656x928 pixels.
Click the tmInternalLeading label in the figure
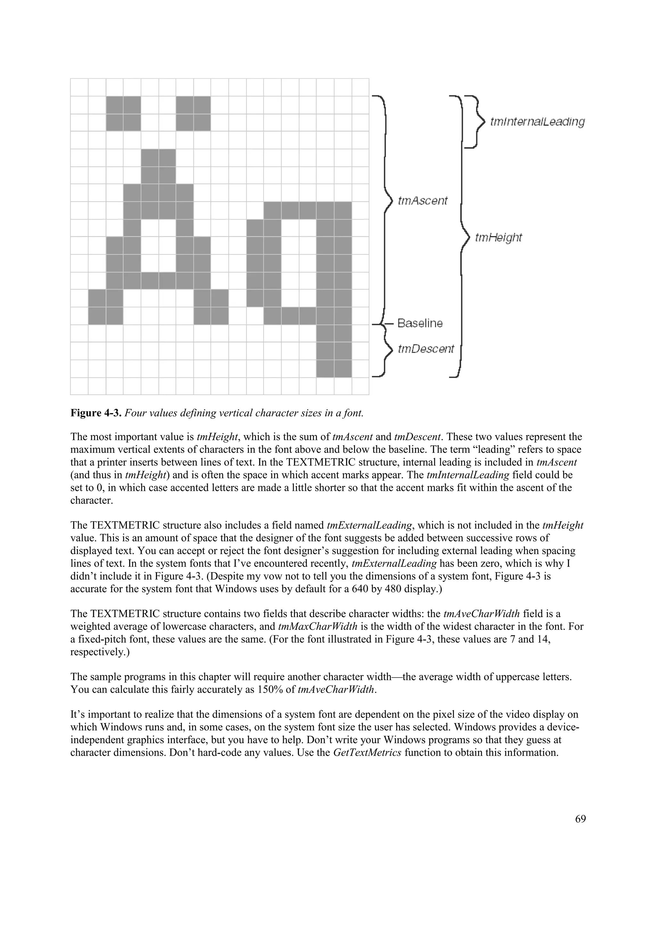point(537,122)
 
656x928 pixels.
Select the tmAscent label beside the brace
point(423,201)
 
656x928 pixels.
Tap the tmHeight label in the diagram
point(498,237)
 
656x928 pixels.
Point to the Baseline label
point(420,323)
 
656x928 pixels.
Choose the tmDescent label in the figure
point(426,348)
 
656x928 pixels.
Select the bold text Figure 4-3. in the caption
point(96,413)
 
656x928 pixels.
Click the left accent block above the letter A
point(123,113)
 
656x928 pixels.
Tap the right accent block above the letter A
point(193,113)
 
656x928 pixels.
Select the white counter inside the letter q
point(299,263)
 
